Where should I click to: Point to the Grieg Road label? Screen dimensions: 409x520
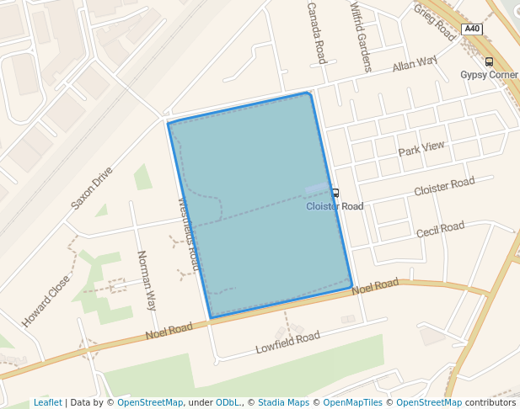click(x=435, y=22)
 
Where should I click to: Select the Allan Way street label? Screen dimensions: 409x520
click(x=415, y=63)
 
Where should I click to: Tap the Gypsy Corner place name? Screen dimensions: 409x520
click(x=490, y=75)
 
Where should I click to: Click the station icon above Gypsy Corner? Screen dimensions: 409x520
click(x=489, y=61)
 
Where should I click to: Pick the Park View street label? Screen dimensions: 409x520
click(x=421, y=148)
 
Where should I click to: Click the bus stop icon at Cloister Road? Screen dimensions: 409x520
click(x=335, y=194)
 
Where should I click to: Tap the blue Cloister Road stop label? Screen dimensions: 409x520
click(x=335, y=206)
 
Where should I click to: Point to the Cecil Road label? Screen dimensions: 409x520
click(x=440, y=229)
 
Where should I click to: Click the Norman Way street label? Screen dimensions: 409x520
click(x=147, y=280)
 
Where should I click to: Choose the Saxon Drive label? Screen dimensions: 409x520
click(x=91, y=187)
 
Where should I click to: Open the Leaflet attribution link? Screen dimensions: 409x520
click(x=47, y=403)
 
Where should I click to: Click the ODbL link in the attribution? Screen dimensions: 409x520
click(x=228, y=403)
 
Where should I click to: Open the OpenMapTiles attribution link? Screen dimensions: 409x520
click(x=353, y=403)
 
